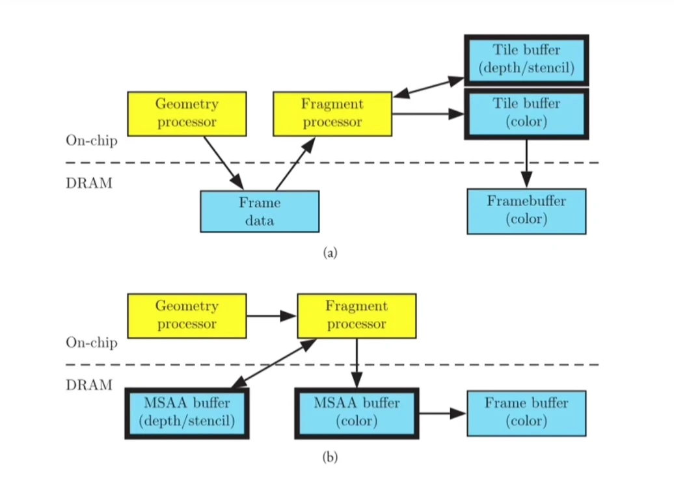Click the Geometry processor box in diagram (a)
tap(187, 114)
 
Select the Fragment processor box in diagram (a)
tap(332, 114)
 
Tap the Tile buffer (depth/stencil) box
tap(526, 60)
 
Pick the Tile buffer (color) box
tap(526, 114)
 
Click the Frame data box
tap(260, 211)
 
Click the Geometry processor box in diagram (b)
tap(187, 315)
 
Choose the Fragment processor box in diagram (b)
tap(357, 315)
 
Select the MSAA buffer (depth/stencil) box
tap(187, 413)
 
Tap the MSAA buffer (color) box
tap(357, 413)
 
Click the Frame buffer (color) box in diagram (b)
tap(526, 413)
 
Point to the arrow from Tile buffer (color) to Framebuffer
tap(526, 163)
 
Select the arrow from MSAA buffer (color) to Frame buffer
tap(442, 413)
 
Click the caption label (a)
tap(330, 253)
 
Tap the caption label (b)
tap(330, 457)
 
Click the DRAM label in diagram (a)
tap(89, 183)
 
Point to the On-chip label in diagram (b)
tap(92, 343)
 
